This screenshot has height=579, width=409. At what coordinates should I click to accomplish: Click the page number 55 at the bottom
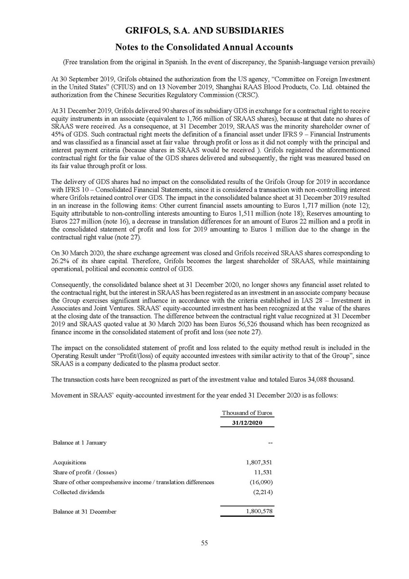pos(204,543)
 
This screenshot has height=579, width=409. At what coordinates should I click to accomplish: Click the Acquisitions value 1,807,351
pos(259,462)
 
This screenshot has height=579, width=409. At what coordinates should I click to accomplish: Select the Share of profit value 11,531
pos(263,472)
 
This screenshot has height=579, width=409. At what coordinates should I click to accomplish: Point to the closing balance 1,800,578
pos(259,512)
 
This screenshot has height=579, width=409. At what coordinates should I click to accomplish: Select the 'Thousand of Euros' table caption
pos(247,413)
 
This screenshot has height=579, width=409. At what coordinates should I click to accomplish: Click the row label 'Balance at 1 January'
pos(80,442)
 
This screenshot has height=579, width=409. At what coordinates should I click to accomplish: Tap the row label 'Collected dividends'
pos(78,492)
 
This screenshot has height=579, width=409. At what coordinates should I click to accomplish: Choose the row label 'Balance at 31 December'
pos(84,512)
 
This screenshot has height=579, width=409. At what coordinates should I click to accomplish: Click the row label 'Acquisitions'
pos(69,462)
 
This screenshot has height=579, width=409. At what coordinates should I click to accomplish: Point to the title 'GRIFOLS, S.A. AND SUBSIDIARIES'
pos(204,31)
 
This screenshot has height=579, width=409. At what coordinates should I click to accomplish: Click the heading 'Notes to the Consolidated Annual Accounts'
pos(204,47)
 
